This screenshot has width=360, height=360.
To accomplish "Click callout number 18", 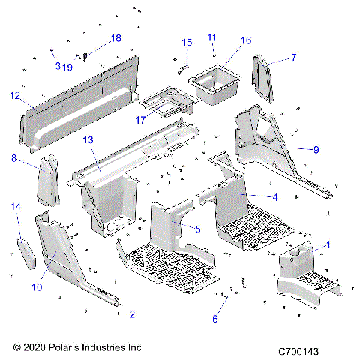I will coord(115,37).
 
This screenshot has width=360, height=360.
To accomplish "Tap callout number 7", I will coord(293,57).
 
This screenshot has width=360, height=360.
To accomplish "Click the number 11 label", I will coord(211,37).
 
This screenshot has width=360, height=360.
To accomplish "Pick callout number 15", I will coord(187,42).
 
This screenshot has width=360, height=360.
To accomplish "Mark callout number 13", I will coord(88,140).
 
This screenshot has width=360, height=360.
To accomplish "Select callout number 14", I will coord(15,206).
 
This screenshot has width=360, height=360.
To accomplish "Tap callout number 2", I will coord(132,313).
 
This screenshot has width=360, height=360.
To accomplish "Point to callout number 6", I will coord(216,318).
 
